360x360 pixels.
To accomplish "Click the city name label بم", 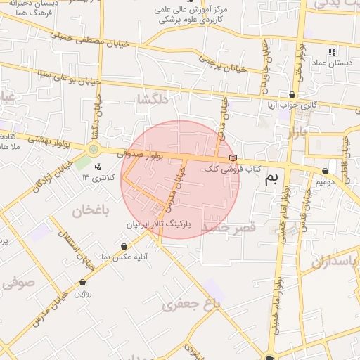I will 271,180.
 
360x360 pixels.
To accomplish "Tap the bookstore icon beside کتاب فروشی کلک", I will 233,157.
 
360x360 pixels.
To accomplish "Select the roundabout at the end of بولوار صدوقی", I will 93,148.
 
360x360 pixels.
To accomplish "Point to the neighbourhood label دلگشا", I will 154,101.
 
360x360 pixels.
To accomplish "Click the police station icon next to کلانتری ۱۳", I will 98,167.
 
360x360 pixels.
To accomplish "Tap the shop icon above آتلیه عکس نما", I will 124,246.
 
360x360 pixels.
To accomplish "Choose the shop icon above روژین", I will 82,282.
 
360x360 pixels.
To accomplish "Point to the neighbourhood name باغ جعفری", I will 191,304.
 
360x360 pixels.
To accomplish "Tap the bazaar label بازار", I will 297,132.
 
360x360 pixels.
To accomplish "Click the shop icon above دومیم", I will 325,171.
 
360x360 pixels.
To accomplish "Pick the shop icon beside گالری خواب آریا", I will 292,94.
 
